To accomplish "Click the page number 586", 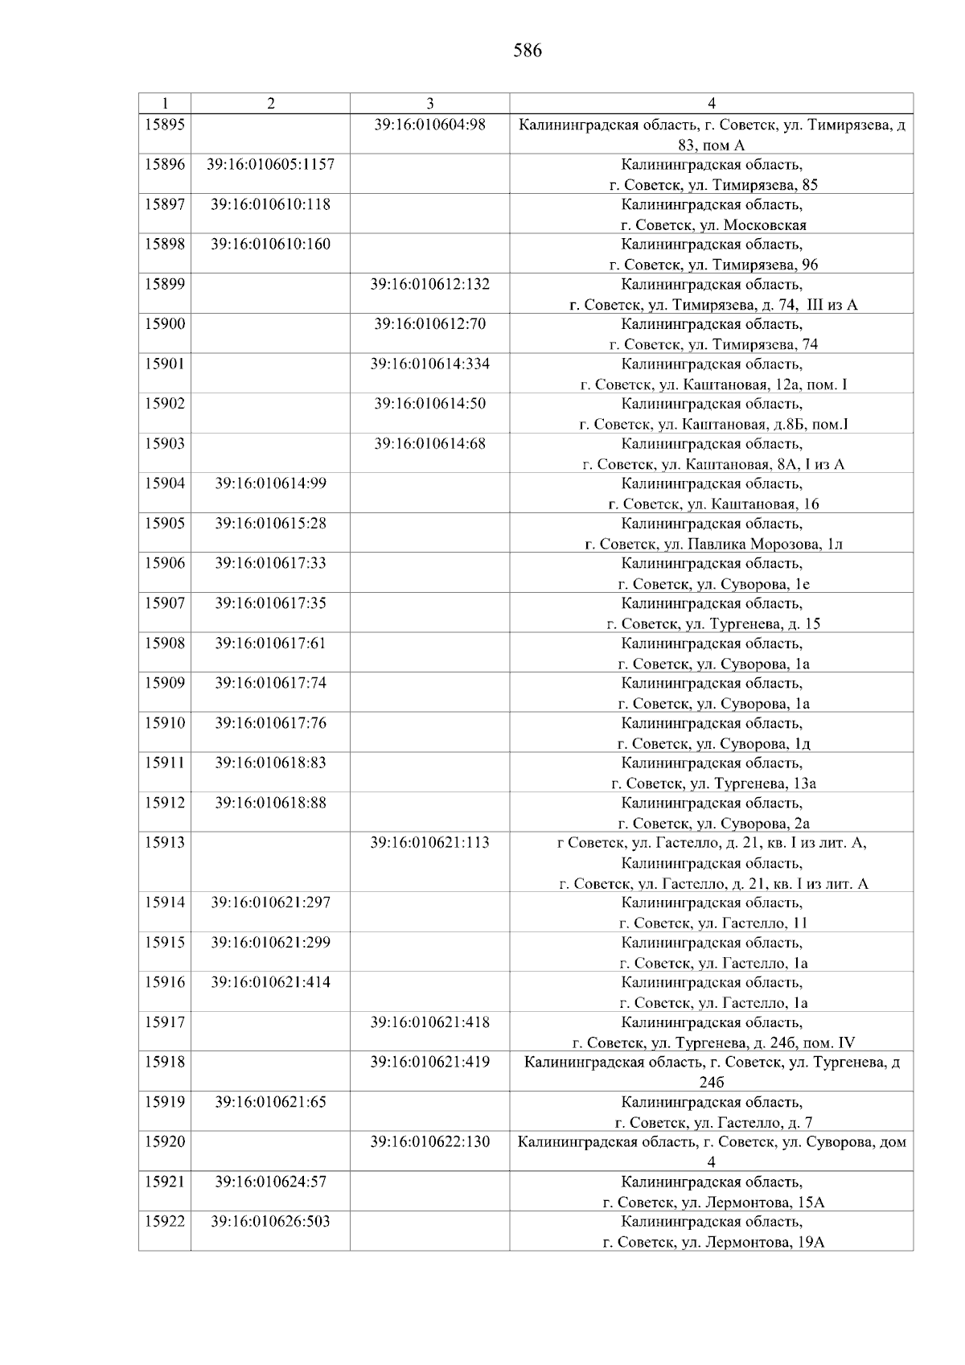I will [528, 51].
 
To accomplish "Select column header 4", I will [712, 104].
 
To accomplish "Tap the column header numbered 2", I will [270, 104].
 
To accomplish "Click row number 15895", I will [165, 125].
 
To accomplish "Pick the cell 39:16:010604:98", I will [430, 125].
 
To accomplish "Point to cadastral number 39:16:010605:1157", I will [270, 165].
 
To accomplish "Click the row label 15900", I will [165, 324].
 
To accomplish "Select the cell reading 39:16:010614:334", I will [430, 364].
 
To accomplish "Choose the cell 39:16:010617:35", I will [270, 603].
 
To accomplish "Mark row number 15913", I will [165, 843].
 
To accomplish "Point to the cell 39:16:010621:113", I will [430, 843].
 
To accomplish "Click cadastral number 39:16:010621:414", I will [270, 982].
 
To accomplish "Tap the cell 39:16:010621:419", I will [430, 1062].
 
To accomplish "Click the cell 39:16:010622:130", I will [430, 1142].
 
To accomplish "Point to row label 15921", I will [165, 1182].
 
